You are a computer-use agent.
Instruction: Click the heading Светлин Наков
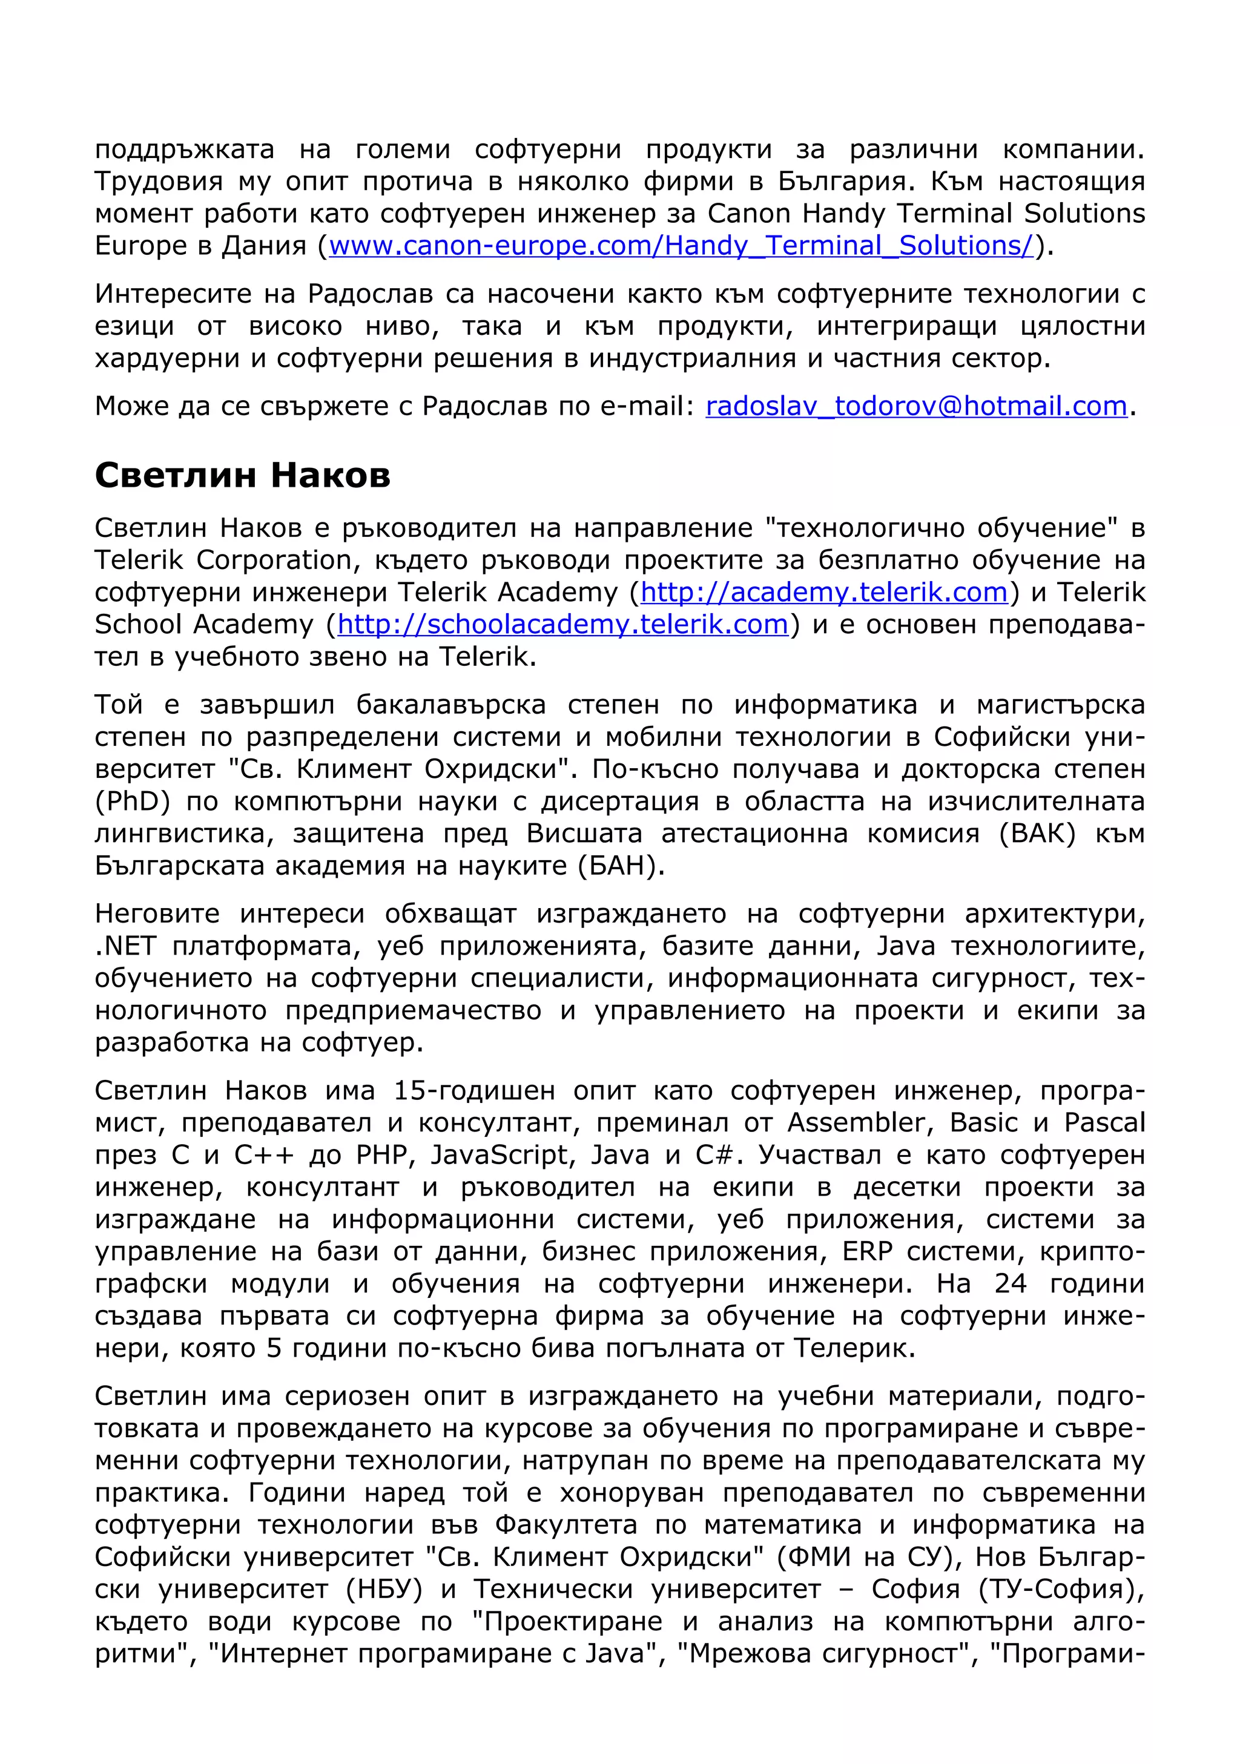[x=242, y=476]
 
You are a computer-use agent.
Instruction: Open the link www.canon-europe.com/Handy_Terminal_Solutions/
[x=682, y=246]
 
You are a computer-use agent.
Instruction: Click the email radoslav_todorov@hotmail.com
[x=916, y=406]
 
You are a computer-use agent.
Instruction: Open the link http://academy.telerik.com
[x=823, y=593]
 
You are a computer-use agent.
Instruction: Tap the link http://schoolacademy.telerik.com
[x=563, y=625]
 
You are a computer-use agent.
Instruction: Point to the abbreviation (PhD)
[x=132, y=802]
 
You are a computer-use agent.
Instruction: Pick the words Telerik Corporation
[x=223, y=560]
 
